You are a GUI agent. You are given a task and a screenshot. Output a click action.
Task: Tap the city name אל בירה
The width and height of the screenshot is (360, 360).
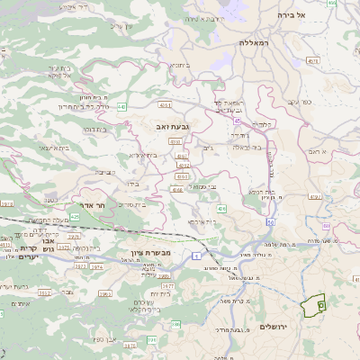click(x=314, y=15)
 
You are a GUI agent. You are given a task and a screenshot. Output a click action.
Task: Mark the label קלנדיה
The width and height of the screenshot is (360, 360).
click(x=262, y=123)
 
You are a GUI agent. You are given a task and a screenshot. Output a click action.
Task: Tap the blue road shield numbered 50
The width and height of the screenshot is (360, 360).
click(x=270, y=221)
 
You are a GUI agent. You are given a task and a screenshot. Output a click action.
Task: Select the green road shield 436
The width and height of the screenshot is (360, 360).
click(x=220, y=209)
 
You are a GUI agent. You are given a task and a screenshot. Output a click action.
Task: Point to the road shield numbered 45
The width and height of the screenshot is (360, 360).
click(x=237, y=120)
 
